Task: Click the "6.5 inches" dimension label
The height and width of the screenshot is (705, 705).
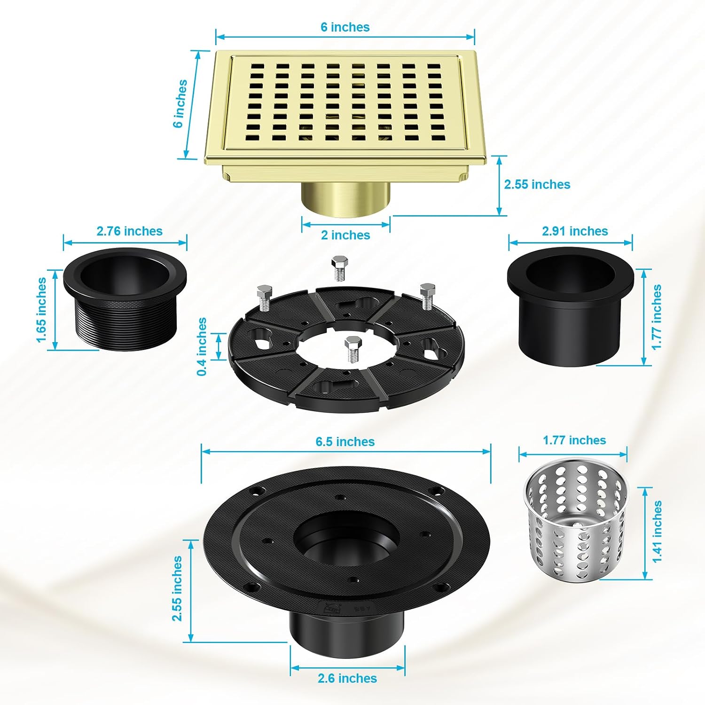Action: pos(345,442)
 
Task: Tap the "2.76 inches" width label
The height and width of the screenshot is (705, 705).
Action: pos(129,231)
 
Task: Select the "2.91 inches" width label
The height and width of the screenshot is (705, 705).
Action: pos(575,231)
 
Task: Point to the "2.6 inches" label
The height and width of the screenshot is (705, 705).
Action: pos(347,678)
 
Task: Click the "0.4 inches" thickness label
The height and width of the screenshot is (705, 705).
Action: pos(202,346)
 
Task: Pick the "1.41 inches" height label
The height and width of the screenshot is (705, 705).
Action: pos(657,531)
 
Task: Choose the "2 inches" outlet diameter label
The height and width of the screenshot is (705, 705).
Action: pos(345,235)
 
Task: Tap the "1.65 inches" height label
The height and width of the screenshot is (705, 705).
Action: pos(41,310)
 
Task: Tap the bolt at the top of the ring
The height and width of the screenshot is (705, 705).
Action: pos(338,268)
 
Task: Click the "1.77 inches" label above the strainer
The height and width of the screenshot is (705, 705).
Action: pos(574,440)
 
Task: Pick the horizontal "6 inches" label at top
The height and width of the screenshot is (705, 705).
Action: pos(345,27)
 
